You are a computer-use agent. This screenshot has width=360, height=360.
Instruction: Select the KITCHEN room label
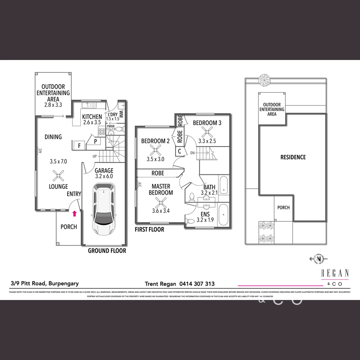(x=92, y=117)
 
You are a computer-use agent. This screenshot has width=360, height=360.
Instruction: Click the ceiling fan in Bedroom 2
(x=155, y=150)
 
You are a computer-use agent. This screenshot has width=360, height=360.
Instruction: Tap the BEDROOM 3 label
(x=207, y=123)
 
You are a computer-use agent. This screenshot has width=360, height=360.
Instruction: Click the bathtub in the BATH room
(x=224, y=186)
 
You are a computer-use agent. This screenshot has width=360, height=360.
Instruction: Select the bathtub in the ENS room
(x=223, y=215)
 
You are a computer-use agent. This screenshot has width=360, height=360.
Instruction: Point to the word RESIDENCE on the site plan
(x=293, y=157)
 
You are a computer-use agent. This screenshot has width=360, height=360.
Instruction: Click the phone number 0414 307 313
(x=197, y=284)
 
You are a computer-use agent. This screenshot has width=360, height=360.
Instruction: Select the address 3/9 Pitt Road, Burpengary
(x=45, y=284)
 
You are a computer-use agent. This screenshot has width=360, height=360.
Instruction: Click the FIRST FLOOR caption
(x=149, y=230)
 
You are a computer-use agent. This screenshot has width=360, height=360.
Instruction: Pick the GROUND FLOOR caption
(x=107, y=251)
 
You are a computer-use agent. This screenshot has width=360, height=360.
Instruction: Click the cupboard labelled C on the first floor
(x=180, y=151)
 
